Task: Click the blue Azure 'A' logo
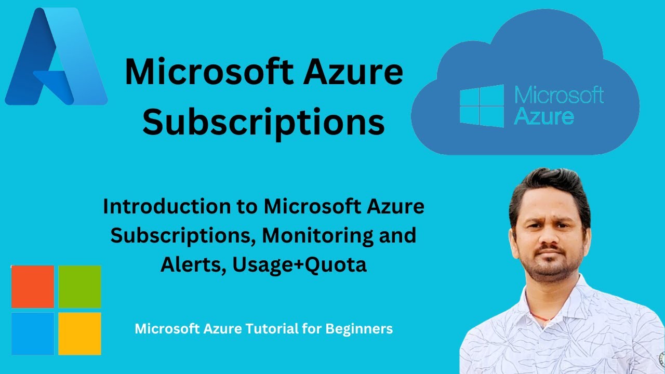(x=56, y=57)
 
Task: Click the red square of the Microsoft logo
(x=33, y=287)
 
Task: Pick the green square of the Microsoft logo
(x=79, y=287)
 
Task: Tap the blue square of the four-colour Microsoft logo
(x=33, y=333)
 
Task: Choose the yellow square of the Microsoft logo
(x=79, y=333)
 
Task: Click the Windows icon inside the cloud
(x=482, y=106)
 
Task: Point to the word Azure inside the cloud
(x=544, y=116)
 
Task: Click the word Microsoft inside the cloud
(x=559, y=96)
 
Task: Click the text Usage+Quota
(x=300, y=264)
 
